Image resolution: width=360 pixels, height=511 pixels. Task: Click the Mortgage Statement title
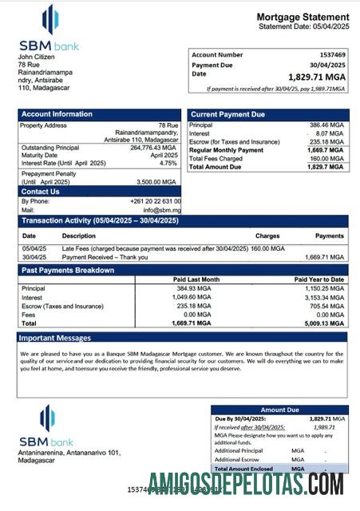tap(303, 17)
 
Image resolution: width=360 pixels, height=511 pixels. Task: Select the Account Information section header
tap(57, 114)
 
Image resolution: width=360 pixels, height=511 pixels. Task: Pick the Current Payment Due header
tap(227, 114)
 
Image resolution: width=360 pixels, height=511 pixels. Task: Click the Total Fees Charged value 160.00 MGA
tap(327, 158)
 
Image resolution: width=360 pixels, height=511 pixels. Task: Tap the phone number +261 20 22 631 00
tap(156, 201)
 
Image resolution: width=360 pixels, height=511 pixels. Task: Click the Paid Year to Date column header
tap(319, 279)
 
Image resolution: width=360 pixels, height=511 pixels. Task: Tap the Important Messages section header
tap(57, 338)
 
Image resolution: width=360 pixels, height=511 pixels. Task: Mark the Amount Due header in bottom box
tap(279, 410)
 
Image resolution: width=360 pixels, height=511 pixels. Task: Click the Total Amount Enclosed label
tap(246, 469)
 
